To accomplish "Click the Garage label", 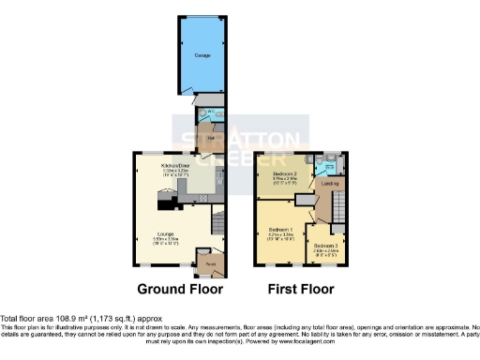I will (202, 56).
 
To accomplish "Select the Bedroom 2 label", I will (285, 174).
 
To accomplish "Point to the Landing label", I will (329, 183).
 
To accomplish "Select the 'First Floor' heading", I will (300, 290).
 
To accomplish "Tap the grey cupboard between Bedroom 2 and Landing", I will (306, 200).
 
